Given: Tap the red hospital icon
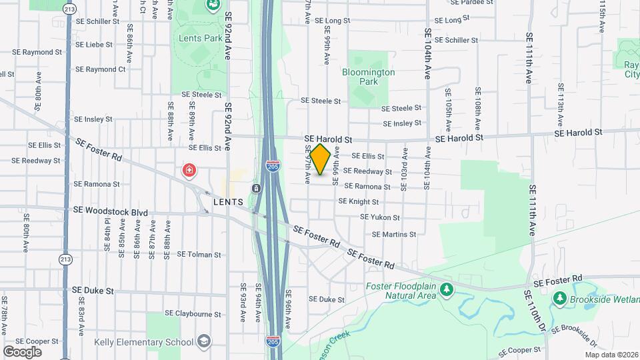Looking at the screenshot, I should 190,171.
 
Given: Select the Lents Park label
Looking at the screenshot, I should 201,38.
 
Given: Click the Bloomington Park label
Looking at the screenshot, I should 369,77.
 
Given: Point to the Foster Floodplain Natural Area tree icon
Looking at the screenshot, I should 447,289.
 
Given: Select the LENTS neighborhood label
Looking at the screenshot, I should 227,201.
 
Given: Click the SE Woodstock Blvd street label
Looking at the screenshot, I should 111,212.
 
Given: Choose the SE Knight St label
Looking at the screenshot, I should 359,201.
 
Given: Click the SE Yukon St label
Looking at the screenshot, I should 380,217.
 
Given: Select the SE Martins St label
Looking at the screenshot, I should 394,234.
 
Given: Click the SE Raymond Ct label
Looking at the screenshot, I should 100,69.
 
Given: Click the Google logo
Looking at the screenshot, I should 22,351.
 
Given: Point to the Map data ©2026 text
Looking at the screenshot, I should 611,355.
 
